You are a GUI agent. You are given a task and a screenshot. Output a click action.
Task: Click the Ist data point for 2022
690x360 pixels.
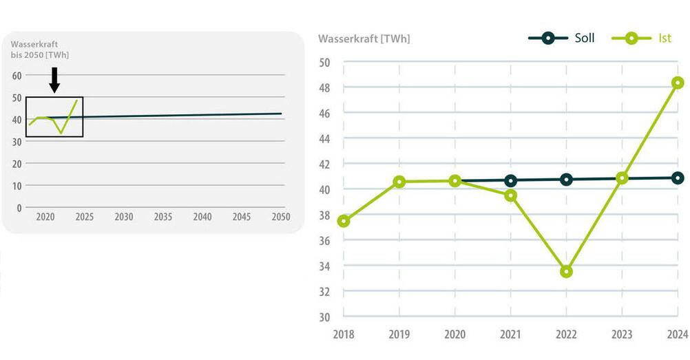click(566, 271)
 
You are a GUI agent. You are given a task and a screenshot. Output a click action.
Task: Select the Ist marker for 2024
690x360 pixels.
click(678, 83)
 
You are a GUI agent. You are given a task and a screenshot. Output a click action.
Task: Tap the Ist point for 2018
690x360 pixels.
click(344, 221)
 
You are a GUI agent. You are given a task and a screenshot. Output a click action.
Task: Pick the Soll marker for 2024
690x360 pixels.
click(678, 178)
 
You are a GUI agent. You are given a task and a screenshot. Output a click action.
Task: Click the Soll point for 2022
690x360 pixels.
click(566, 179)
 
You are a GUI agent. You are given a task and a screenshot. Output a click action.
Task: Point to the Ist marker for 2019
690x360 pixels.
click(399, 182)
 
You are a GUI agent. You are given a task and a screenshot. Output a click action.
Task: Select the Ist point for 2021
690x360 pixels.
click(510, 195)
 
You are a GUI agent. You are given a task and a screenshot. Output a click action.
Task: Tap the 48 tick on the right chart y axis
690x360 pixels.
click(325, 88)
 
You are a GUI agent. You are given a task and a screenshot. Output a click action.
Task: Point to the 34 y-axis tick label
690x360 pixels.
click(325, 266)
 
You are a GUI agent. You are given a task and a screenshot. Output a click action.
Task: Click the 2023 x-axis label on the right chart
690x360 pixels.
click(622, 335)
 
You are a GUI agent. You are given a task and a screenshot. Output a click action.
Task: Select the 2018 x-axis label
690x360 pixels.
click(344, 335)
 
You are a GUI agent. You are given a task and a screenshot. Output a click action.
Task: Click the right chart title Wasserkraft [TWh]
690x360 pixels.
click(364, 39)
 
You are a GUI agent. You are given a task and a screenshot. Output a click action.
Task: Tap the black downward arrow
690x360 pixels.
click(54, 80)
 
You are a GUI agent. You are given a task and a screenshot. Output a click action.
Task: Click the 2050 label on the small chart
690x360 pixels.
click(280, 217)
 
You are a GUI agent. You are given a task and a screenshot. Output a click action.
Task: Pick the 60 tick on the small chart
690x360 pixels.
click(17, 75)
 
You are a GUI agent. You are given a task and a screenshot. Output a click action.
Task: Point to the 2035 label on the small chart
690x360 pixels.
click(163, 217)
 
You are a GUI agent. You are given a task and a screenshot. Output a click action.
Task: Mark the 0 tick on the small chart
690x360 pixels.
click(19, 207)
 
